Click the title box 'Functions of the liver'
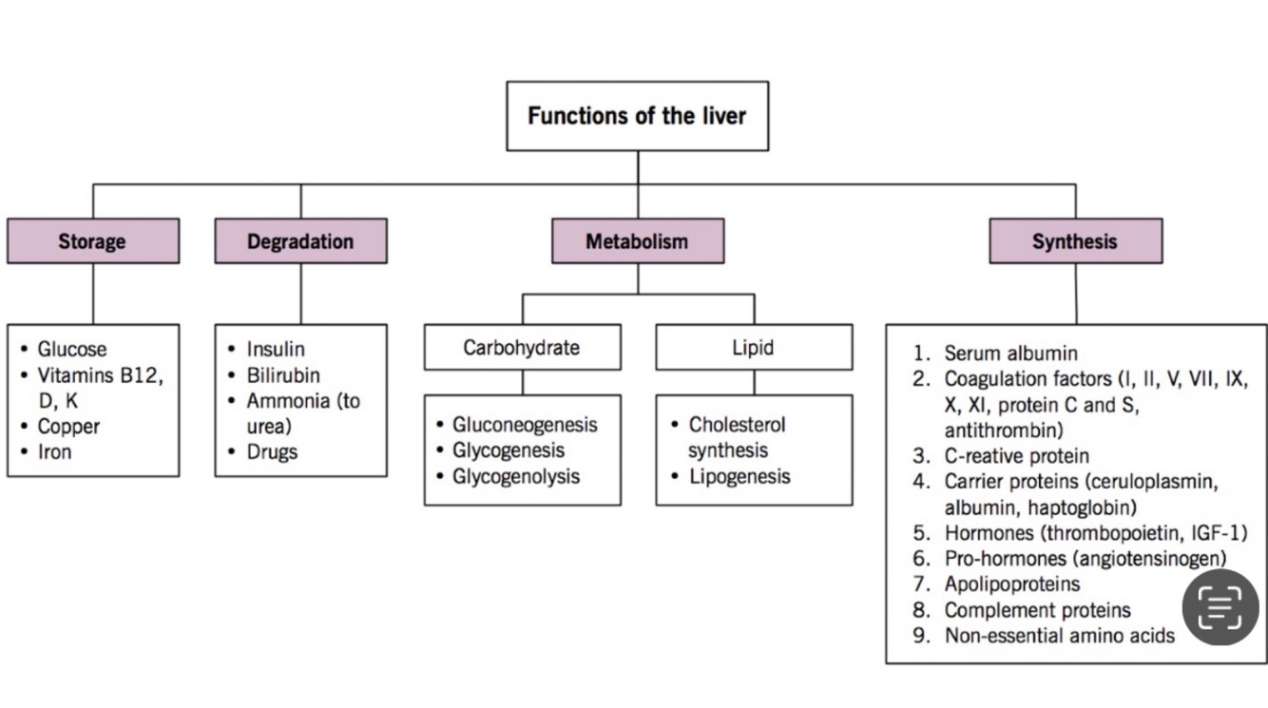click(637, 116)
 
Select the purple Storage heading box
click(92, 241)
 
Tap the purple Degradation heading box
click(300, 241)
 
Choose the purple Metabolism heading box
click(637, 241)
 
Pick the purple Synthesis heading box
click(1075, 241)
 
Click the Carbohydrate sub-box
click(522, 348)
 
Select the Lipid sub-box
click(754, 348)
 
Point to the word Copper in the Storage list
click(68, 427)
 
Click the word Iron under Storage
click(54, 452)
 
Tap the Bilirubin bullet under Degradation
click(283, 375)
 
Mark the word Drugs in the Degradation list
click(272, 452)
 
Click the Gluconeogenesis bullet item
click(525, 425)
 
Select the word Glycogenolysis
click(516, 476)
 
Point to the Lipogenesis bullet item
click(740, 476)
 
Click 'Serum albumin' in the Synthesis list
click(1010, 354)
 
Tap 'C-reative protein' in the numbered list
click(1016, 456)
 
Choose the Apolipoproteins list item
click(1011, 584)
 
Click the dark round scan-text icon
click(1220, 607)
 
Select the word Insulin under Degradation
click(276, 350)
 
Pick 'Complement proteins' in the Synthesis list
click(1037, 610)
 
